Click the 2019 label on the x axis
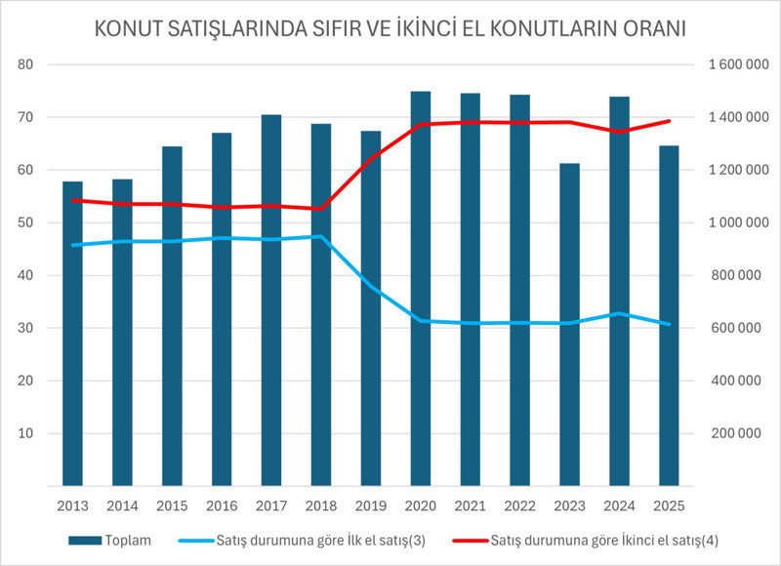370,506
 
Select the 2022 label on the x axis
519,506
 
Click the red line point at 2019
370,159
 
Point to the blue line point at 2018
320,236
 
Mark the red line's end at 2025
669,121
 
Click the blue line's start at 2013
72,245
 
